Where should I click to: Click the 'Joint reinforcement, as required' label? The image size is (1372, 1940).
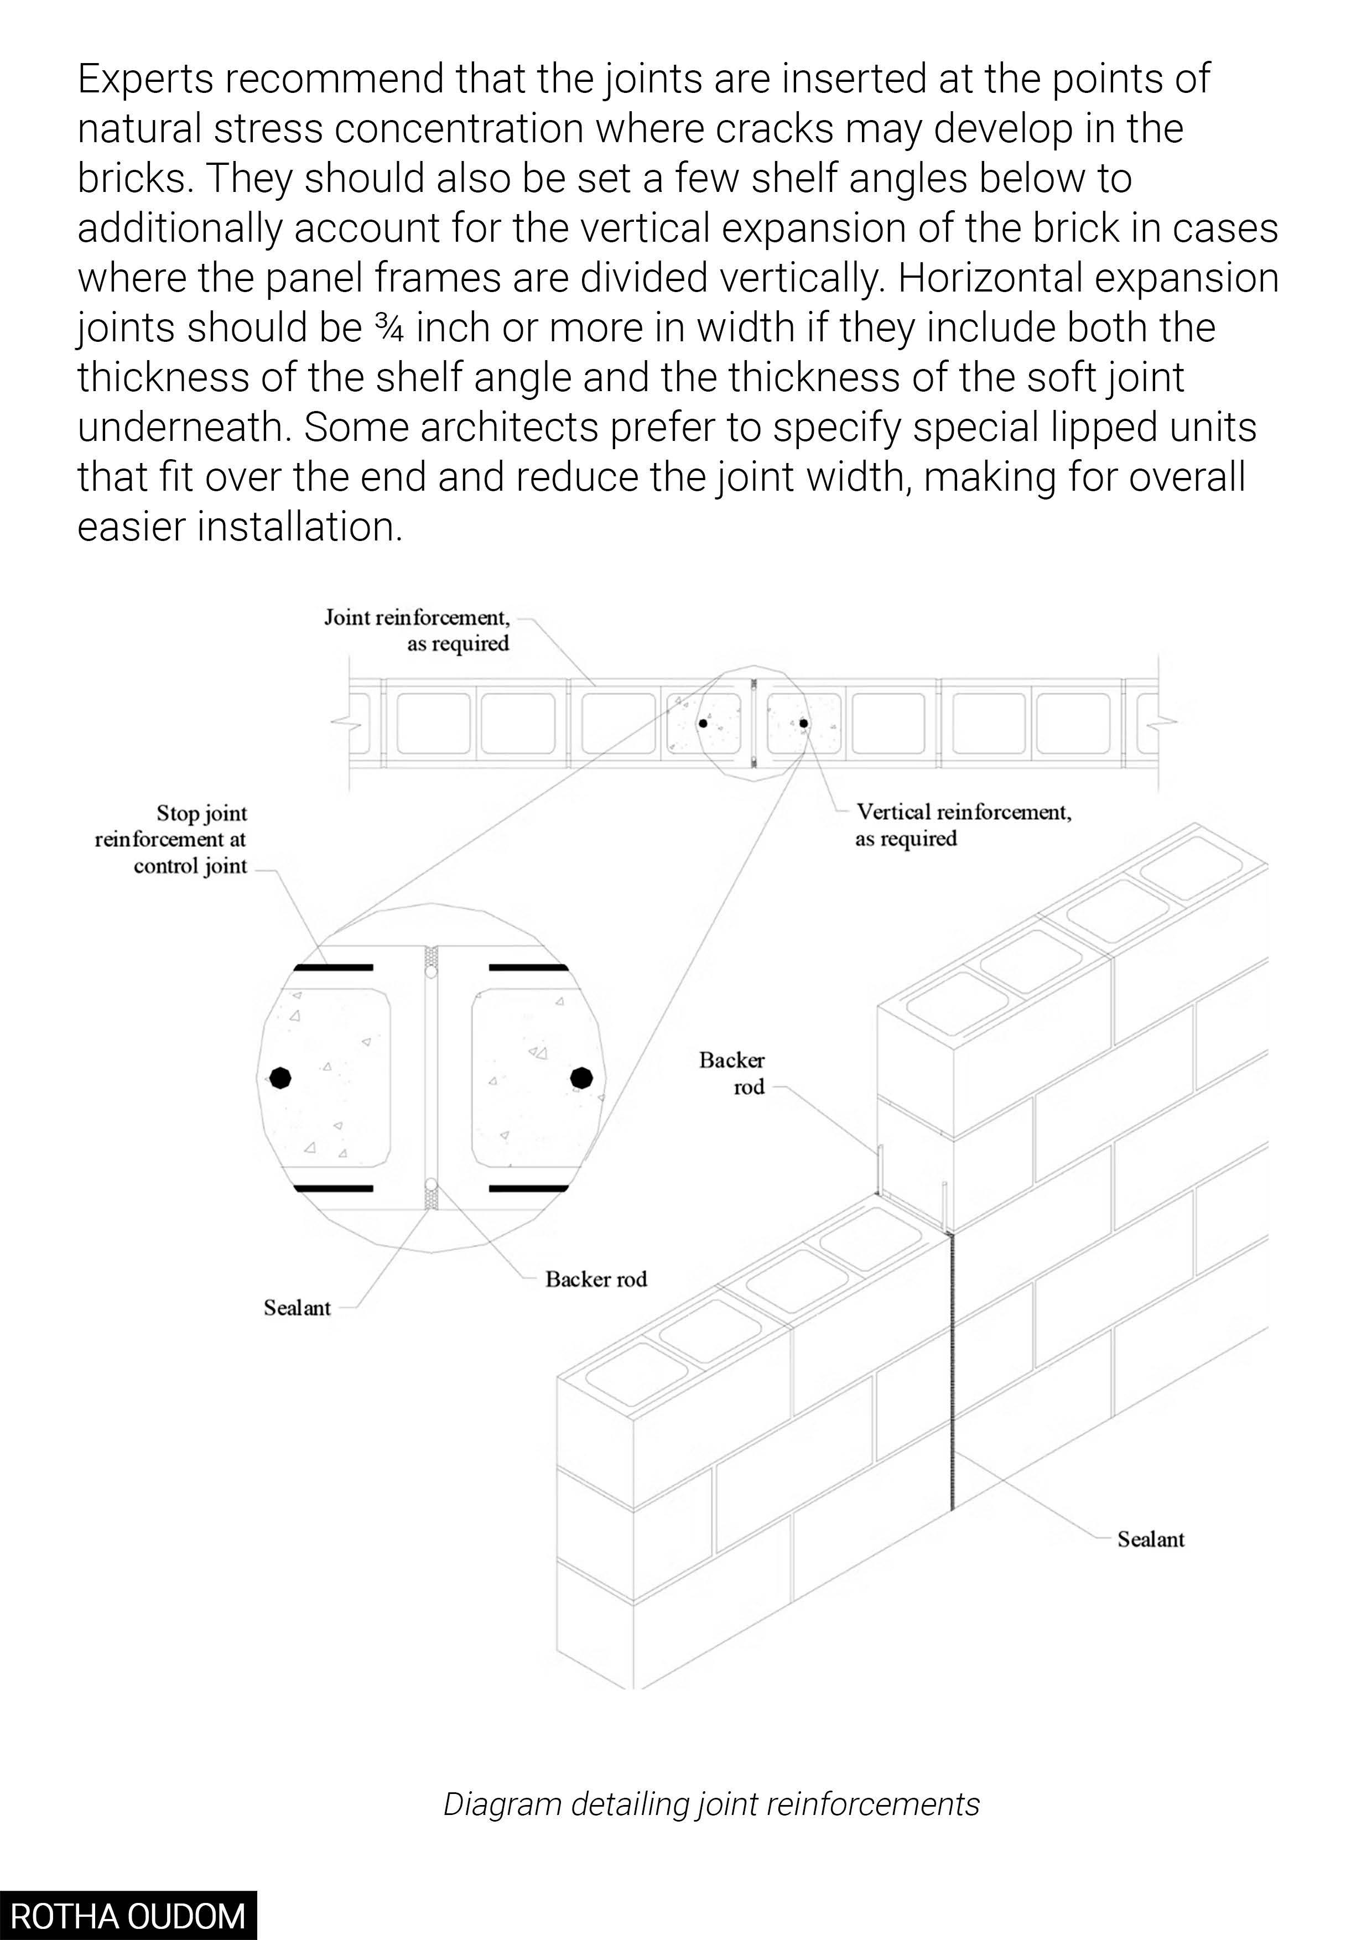[417, 630]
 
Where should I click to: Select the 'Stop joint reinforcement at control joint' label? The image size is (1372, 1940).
[171, 839]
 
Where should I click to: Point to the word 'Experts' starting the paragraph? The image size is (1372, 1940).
[144, 80]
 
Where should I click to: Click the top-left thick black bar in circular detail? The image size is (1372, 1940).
[333, 966]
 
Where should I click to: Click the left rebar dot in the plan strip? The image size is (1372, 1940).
[703, 723]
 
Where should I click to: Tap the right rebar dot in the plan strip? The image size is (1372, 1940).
[803, 723]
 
